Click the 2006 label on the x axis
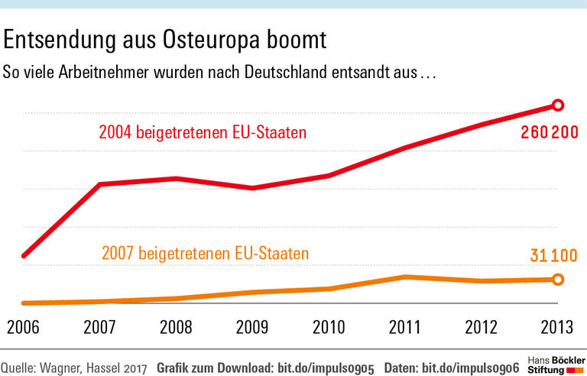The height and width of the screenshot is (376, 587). [23, 327]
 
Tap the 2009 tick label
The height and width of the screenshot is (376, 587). [252, 327]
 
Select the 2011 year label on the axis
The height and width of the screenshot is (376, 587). [405, 327]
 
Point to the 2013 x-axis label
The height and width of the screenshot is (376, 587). [557, 327]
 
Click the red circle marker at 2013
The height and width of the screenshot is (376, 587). [558, 105]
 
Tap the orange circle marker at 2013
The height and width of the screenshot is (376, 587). [558, 280]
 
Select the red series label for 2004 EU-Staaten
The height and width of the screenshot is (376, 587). [203, 133]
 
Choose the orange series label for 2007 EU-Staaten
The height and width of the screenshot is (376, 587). [205, 253]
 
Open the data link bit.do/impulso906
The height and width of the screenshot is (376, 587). [474, 367]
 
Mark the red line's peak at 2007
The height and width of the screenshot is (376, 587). [100, 184]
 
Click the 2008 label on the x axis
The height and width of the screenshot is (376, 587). [176, 327]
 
